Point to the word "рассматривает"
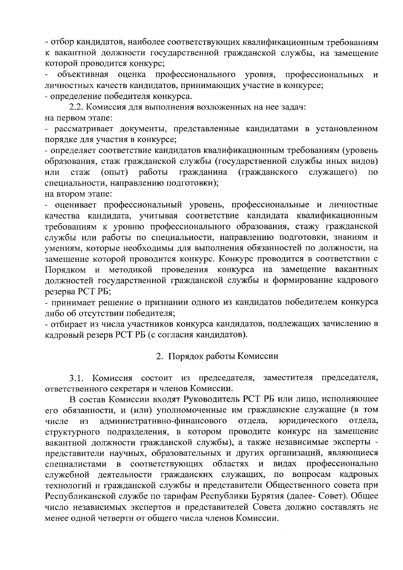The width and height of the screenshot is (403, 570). pos(77,129)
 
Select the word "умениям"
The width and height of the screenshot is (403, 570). pos(62,248)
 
